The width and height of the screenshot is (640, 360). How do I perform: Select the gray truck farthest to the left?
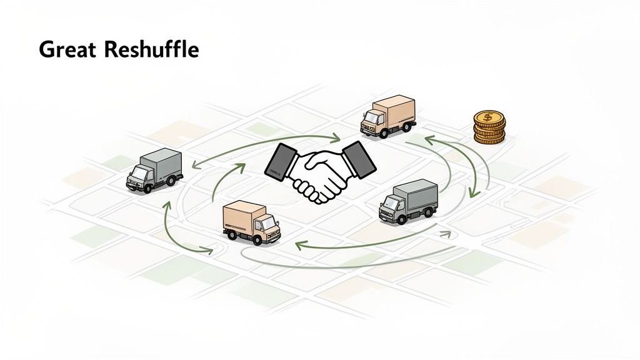pos(154,170)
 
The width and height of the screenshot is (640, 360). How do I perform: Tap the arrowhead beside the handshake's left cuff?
pos(241,167)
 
